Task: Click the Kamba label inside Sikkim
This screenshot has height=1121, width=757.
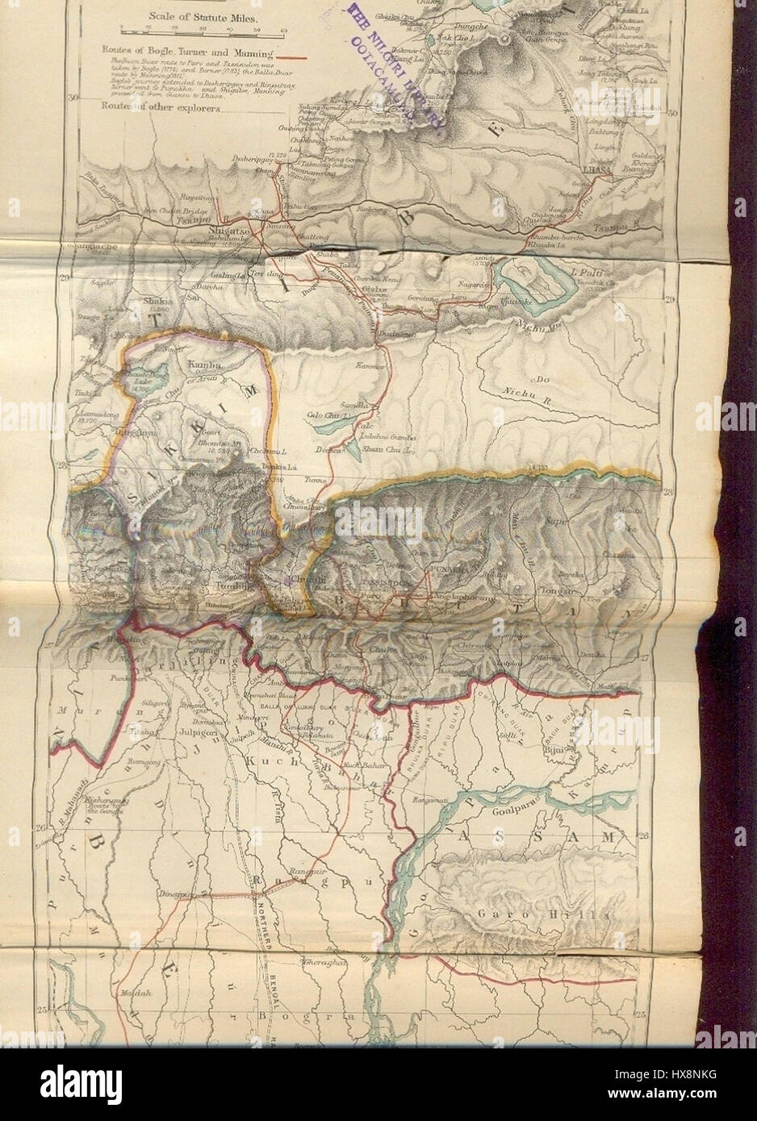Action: click(x=203, y=364)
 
